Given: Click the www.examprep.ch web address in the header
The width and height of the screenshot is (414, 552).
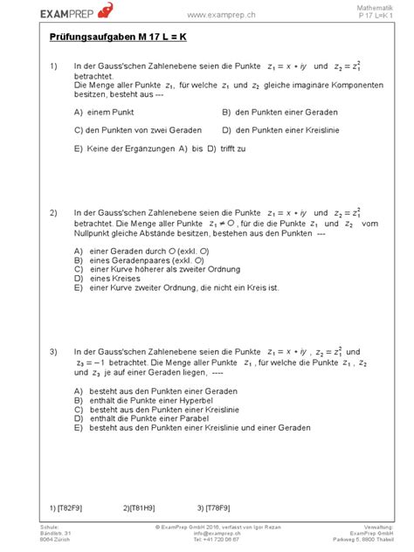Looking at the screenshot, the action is (x=220, y=15).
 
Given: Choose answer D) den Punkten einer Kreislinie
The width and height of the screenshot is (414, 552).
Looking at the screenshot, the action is (x=281, y=130).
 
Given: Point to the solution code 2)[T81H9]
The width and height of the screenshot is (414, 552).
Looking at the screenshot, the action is (x=139, y=507).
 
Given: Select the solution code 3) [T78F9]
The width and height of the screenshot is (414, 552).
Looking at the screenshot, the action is (x=213, y=507).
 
